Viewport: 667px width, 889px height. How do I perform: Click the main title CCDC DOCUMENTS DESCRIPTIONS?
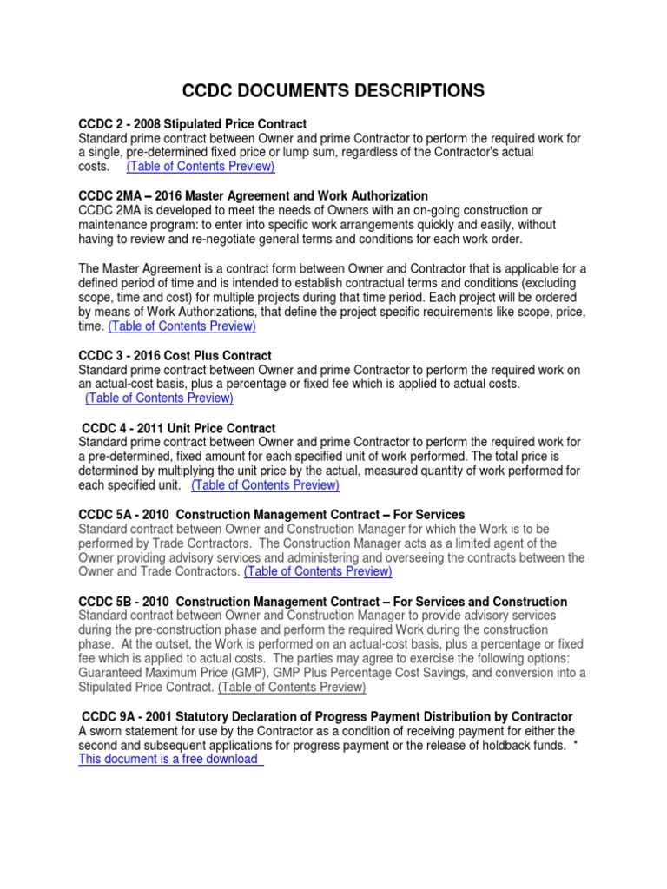pyautogui.click(x=333, y=91)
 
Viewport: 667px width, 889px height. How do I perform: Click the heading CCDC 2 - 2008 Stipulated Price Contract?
pyautogui.click(x=192, y=124)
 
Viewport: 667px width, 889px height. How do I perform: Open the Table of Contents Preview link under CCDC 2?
pyautogui.click(x=200, y=166)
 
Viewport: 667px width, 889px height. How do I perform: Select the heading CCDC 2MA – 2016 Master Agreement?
pyautogui.click(x=253, y=196)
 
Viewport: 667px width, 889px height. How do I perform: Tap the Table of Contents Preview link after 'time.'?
pyautogui.click(x=182, y=326)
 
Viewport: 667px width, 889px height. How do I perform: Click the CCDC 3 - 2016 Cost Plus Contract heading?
pyautogui.click(x=175, y=356)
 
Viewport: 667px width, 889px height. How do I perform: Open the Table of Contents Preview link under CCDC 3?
pyautogui.click(x=159, y=398)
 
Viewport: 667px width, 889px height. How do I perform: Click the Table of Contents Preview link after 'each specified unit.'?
pyautogui.click(x=265, y=484)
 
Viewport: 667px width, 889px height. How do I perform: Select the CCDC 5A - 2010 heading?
pyautogui.click(x=271, y=515)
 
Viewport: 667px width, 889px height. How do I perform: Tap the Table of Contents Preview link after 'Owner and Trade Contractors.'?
pyautogui.click(x=318, y=571)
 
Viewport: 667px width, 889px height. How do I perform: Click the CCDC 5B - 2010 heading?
pyautogui.click(x=322, y=602)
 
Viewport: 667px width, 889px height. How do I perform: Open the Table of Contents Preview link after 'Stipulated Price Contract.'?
pyautogui.click(x=292, y=687)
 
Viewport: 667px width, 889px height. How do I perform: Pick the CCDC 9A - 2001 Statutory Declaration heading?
pyautogui.click(x=327, y=716)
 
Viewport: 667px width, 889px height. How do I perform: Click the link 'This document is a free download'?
pyautogui.click(x=170, y=759)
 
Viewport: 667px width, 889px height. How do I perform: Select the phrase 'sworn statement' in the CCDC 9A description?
pyautogui.click(x=131, y=730)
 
